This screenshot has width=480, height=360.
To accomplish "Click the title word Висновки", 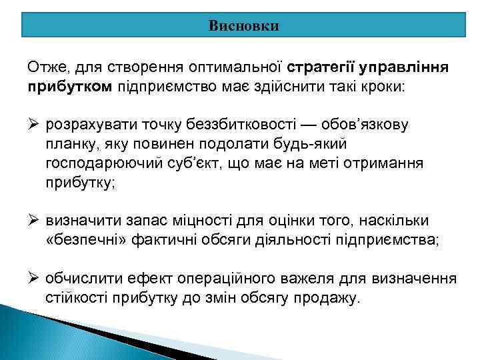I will [x=243, y=26].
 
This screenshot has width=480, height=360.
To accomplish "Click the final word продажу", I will [x=330, y=297].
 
